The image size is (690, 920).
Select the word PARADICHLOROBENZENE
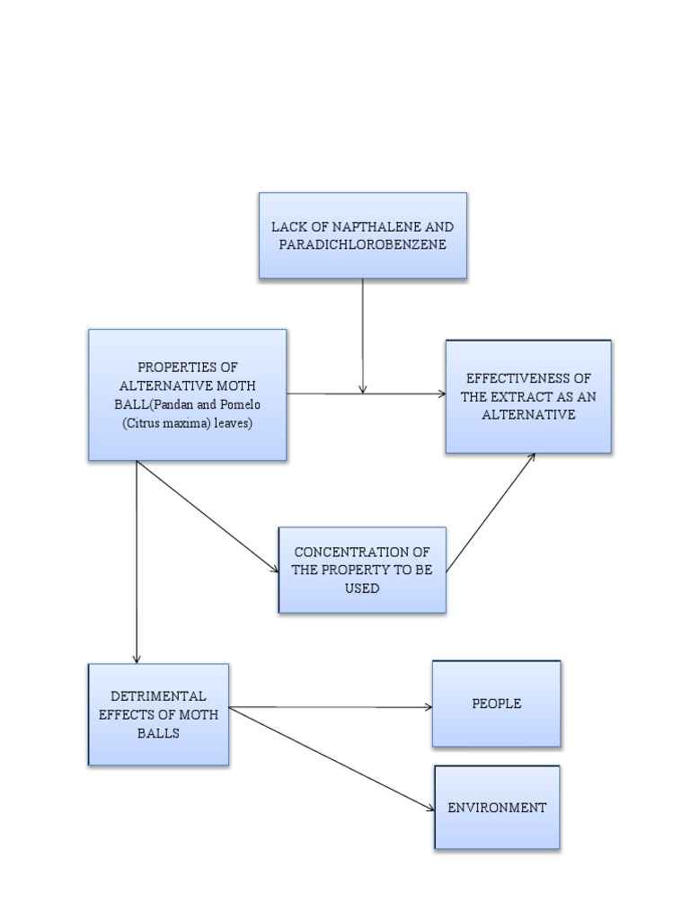[363, 244]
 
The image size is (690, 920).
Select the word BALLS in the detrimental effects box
[158, 732]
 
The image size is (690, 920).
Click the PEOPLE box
[496, 704]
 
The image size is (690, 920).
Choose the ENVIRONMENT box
[497, 808]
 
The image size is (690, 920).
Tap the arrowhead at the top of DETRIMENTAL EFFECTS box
[137, 659]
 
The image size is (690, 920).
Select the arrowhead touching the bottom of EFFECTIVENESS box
[532, 457]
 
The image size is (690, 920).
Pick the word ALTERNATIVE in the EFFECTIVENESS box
[528, 414]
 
